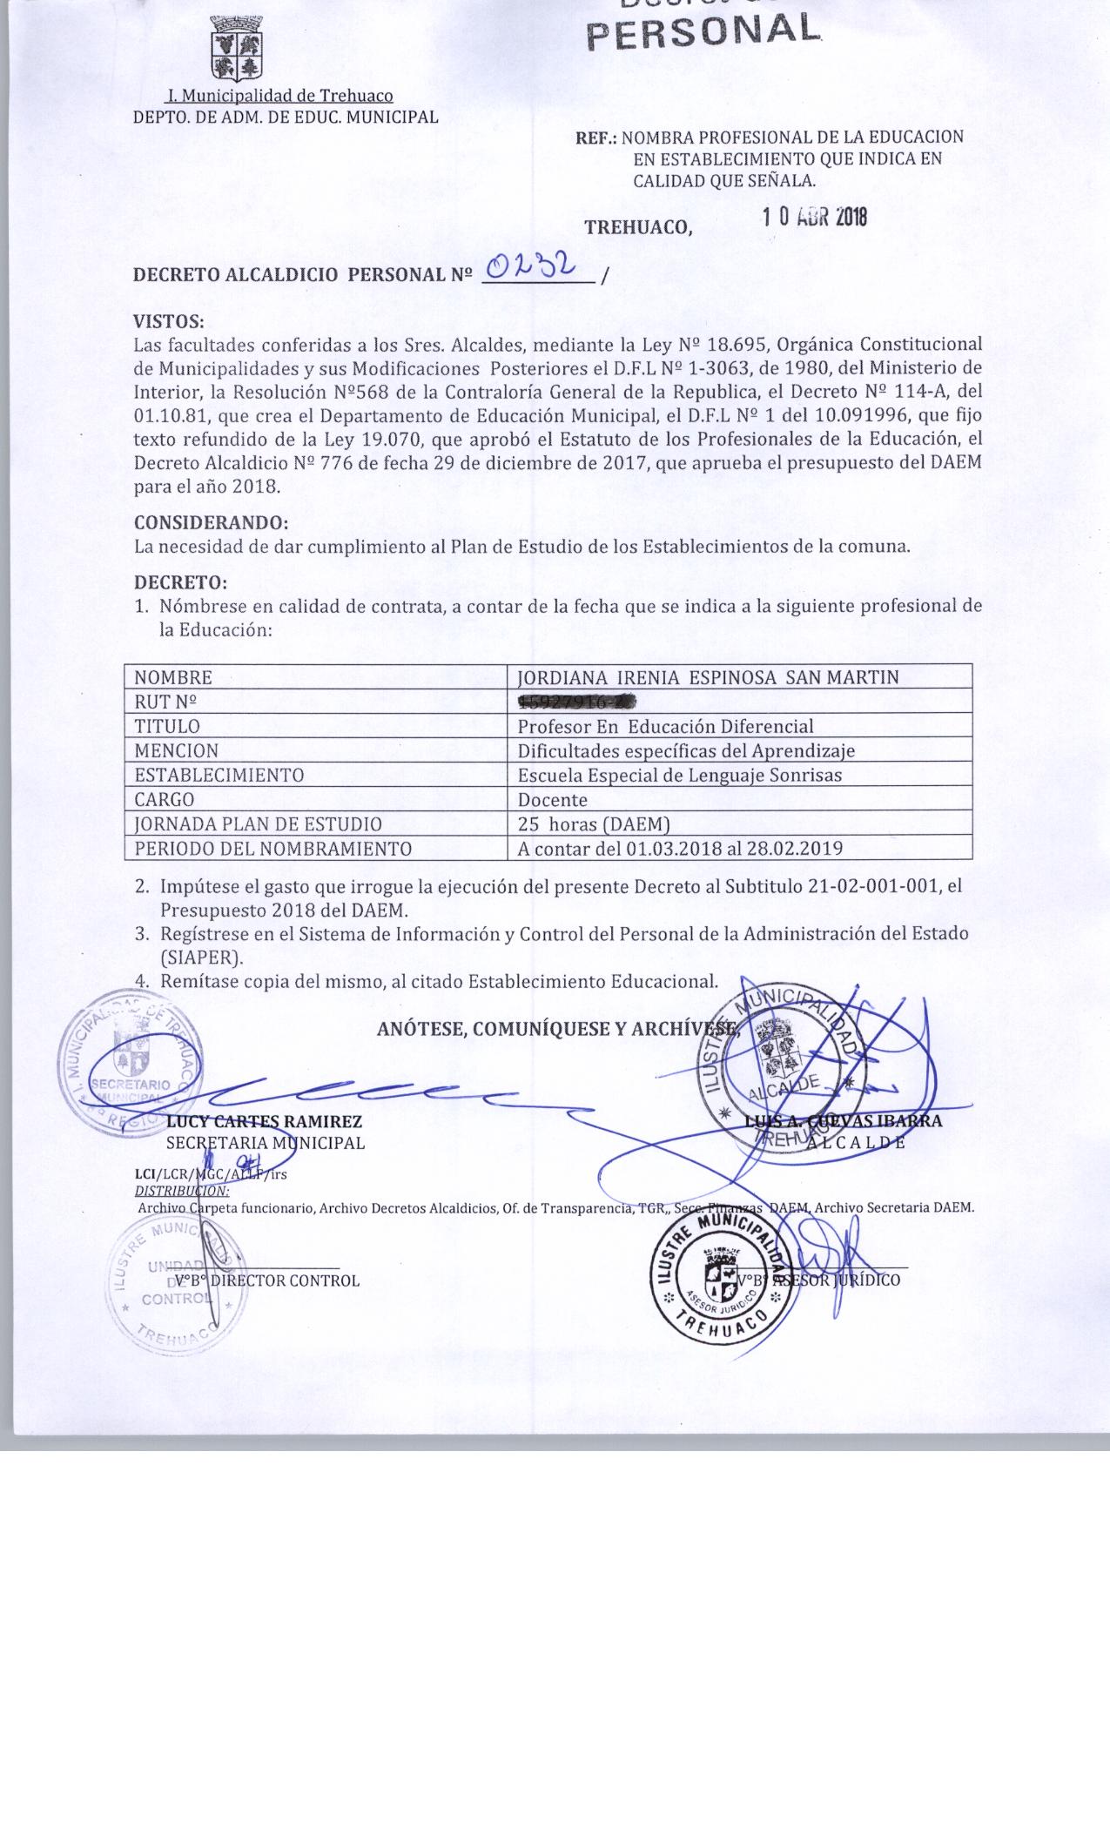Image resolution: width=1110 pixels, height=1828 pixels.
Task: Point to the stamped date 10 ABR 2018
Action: click(x=815, y=218)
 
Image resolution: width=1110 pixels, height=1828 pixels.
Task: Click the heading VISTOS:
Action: click(x=169, y=321)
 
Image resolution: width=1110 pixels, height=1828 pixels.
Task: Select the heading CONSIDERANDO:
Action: click(x=211, y=523)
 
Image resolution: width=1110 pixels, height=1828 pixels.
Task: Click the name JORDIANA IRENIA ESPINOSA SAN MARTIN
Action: click(x=708, y=677)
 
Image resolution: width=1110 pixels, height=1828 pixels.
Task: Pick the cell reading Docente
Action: click(x=553, y=799)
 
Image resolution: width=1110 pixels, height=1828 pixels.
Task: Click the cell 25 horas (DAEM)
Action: click(x=593, y=823)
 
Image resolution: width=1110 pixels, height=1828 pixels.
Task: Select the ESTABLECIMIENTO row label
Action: click(x=219, y=775)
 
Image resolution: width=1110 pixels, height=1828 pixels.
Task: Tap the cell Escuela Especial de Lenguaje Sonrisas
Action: click(x=679, y=775)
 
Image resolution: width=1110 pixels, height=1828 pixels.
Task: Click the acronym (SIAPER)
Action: click(x=201, y=957)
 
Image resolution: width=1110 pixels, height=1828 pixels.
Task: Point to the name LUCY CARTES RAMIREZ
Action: click(x=264, y=1121)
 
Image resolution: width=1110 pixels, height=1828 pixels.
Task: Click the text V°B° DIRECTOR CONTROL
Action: click(x=267, y=1280)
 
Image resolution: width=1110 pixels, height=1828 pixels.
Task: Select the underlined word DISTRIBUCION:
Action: click(x=182, y=1190)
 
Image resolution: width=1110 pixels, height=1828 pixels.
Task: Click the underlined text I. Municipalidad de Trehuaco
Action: click(x=280, y=96)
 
